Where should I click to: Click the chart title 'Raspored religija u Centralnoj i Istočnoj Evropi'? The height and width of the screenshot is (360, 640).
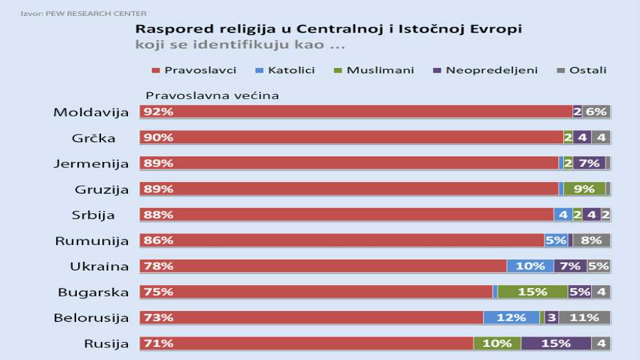pos(328,29)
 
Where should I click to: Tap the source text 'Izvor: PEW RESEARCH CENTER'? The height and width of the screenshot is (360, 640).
pos(83,13)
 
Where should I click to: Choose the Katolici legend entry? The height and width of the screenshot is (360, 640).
pos(286,70)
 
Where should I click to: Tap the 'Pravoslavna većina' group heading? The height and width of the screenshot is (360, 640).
pos(212,96)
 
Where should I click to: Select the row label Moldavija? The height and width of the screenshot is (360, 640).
pos(91,112)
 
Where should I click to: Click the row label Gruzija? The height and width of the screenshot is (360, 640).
pos(102,189)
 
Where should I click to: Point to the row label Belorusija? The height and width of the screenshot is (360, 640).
pos(91,318)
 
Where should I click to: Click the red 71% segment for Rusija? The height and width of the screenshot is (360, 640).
pos(307,343)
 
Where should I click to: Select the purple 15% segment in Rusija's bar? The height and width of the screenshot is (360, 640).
pos(556,343)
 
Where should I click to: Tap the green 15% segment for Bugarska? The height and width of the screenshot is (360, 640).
pos(532,292)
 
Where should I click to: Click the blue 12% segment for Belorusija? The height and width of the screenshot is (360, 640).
pos(511,318)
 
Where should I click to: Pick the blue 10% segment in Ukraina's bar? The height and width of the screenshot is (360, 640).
pos(530,267)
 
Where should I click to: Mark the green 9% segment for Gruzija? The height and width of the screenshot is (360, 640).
pos(584,189)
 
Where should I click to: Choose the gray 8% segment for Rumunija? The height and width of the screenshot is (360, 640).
pos(591,241)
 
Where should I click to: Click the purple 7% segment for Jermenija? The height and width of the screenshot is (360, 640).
pos(589,163)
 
